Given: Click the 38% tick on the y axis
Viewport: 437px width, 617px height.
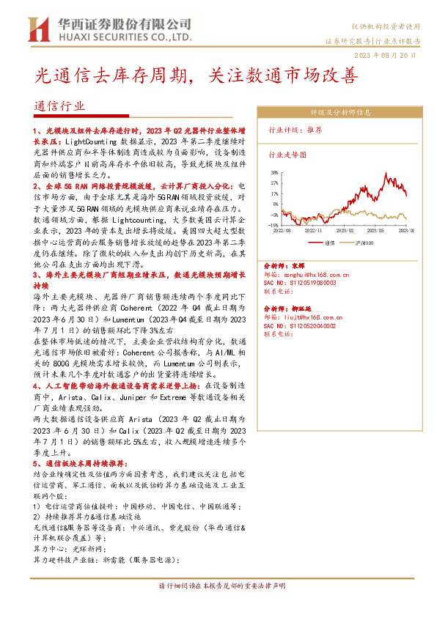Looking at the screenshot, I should click(273, 174).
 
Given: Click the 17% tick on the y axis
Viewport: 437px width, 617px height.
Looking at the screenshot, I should click(273, 194).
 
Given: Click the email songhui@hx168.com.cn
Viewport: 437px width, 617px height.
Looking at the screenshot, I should click(317, 275).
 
